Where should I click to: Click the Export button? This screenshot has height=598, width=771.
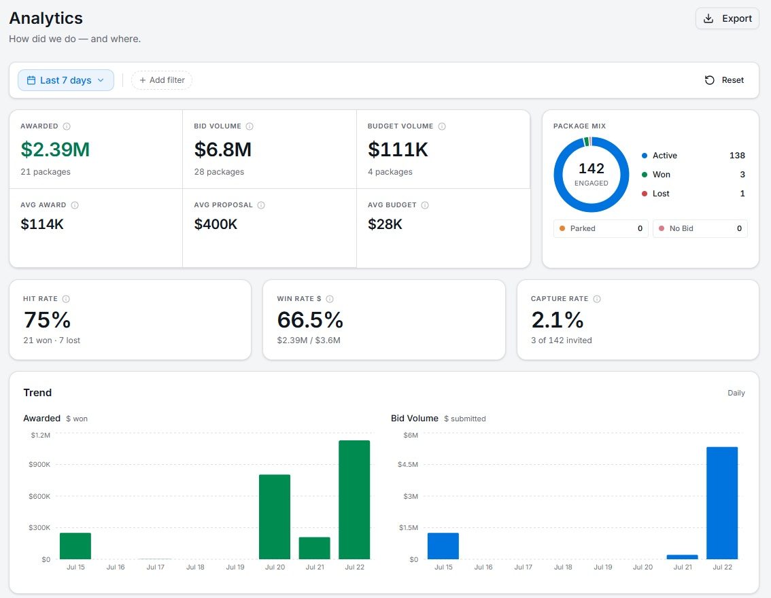tap(727, 18)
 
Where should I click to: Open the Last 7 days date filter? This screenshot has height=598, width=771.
tap(66, 80)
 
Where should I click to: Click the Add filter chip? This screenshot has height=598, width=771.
tap(162, 80)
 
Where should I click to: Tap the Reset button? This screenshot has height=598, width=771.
tap(724, 80)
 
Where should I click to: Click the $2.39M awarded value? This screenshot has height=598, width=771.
tap(55, 149)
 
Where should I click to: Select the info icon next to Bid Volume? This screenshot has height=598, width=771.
tap(250, 126)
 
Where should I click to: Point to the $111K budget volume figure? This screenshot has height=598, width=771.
tap(398, 149)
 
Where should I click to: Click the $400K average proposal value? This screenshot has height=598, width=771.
tap(216, 224)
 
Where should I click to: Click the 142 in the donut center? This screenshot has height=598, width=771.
tap(591, 169)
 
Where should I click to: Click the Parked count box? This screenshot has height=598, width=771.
tap(600, 228)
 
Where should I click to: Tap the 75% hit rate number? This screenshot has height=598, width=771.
tap(47, 320)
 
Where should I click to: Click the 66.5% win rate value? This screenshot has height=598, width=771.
tap(310, 320)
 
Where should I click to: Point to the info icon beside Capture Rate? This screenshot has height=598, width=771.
tap(596, 299)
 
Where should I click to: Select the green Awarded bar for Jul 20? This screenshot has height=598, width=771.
tap(275, 517)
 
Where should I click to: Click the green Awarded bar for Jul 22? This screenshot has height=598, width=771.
tap(354, 499)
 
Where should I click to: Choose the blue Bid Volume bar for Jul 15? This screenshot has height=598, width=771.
tap(443, 546)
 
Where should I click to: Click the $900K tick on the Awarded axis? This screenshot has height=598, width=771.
tap(39, 464)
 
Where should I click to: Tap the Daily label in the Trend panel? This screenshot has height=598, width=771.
tap(736, 393)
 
